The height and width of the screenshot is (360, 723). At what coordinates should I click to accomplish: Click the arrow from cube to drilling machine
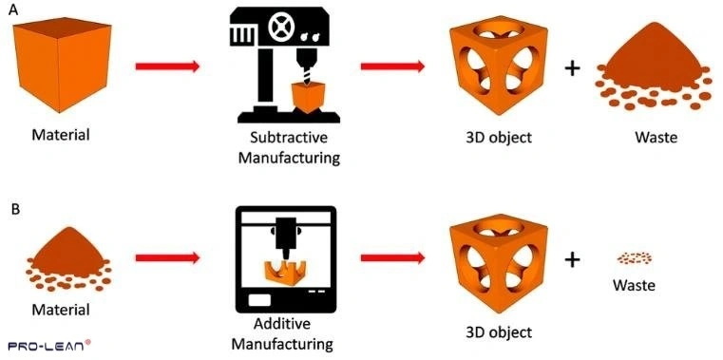click(x=167, y=66)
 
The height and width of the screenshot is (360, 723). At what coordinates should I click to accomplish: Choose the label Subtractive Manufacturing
click(x=288, y=147)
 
